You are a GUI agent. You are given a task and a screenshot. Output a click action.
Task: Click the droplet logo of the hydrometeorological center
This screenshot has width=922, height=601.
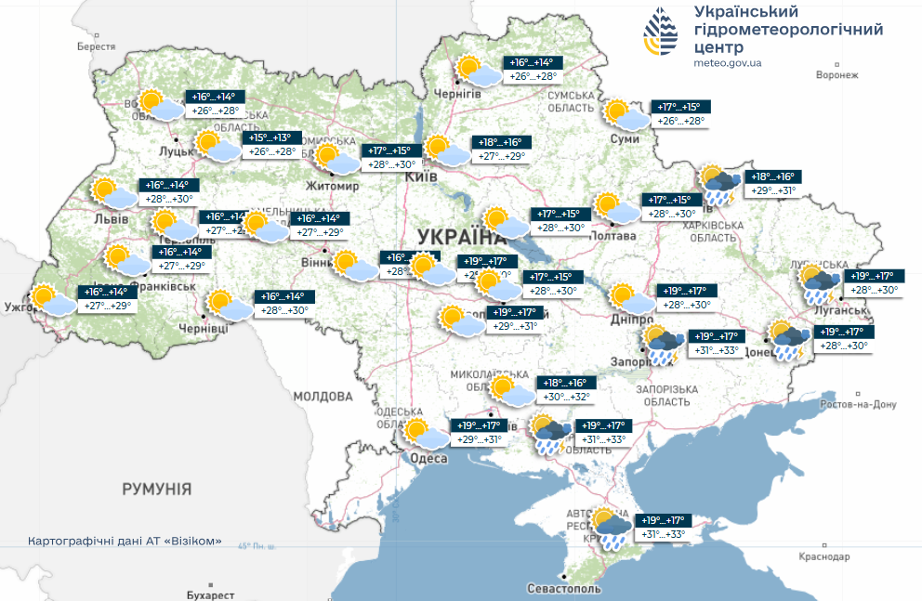point(661,34)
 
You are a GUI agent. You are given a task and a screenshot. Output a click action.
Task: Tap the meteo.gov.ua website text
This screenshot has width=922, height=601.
point(728,63)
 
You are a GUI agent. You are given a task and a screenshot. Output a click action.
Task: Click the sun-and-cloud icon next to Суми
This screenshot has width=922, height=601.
point(624,114)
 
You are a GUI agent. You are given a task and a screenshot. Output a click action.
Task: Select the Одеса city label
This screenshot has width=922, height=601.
point(428,460)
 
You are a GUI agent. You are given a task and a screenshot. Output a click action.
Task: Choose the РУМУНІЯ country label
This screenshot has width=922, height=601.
point(157,489)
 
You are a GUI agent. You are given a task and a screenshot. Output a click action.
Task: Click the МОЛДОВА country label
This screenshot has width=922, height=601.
point(323,397)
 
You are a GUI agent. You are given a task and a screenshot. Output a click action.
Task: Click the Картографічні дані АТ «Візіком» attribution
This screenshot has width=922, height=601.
point(125,541)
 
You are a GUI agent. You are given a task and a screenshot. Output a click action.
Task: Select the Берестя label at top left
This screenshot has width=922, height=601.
point(96,46)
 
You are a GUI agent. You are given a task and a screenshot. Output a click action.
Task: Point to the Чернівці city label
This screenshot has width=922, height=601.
point(202,330)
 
